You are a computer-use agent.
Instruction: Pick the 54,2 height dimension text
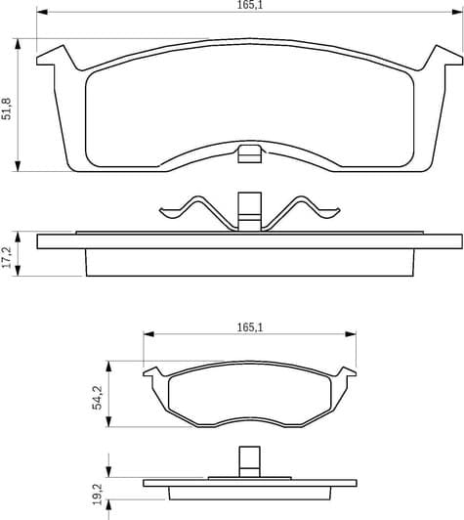pos(97,396)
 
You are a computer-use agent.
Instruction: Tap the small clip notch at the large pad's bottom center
pos(250,152)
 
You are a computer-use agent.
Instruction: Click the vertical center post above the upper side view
pos(250,208)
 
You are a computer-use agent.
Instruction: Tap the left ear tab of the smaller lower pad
pos(152,372)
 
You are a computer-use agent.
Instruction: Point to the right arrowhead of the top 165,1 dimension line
pos(456,15)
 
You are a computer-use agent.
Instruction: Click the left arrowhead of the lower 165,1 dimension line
pos(148,334)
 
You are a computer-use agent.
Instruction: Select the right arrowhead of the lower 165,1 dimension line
pos(351,334)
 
